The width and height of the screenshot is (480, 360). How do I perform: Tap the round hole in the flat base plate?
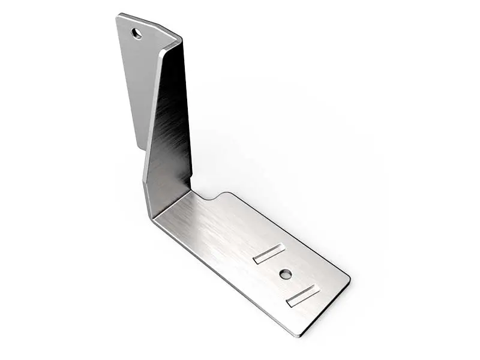click(x=286, y=274)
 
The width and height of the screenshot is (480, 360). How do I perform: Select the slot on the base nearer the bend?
click(x=268, y=254)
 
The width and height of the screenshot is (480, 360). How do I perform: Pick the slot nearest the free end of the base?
click(x=303, y=295)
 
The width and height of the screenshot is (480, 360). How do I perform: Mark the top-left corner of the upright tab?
click(x=118, y=16)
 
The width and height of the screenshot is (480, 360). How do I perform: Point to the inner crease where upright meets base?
click(x=174, y=201)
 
